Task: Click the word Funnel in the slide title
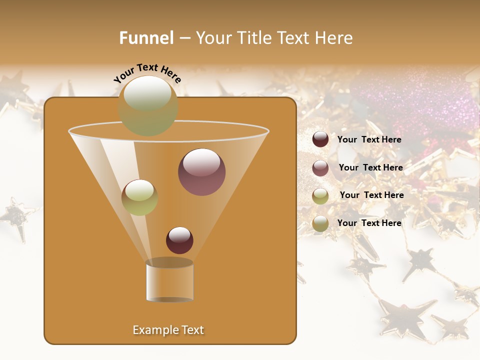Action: tap(146, 38)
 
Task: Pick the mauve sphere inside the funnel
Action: tap(201, 172)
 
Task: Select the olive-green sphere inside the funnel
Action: tap(139, 197)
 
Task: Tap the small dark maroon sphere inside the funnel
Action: tap(179, 240)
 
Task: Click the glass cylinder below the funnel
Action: tap(169, 281)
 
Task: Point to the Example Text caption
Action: tap(168, 330)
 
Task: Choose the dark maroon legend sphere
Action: tap(320, 139)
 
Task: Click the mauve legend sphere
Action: tap(320, 168)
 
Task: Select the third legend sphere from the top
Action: tap(320, 196)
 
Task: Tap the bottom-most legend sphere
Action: tap(320, 223)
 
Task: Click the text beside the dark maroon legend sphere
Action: tap(369, 139)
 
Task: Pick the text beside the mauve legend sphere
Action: tap(370, 167)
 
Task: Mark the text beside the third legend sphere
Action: tap(371, 195)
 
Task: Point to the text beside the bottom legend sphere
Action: tap(369, 223)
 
